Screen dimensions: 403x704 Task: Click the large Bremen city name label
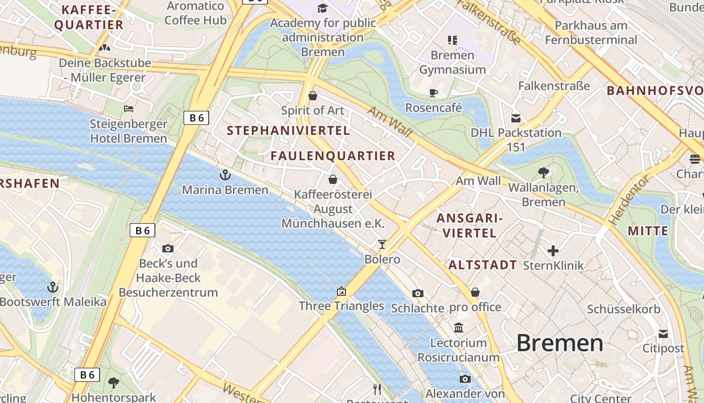(x=560, y=343)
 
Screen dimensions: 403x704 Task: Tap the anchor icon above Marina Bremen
(x=225, y=175)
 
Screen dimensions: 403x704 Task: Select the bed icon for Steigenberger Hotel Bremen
(x=129, y=108)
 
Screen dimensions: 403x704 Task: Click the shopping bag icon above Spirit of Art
(x=313, y=96)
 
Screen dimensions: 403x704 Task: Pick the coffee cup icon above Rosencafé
(x=433, y=93)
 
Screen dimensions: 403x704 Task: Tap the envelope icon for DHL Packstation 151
(x=516, y=118)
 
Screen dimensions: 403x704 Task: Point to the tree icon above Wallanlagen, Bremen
(x=543, y=173)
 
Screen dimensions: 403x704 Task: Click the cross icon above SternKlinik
(x=553, y=250)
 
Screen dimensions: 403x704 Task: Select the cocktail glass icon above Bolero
(x=382, y=244)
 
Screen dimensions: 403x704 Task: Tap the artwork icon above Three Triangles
(x=341, y=291)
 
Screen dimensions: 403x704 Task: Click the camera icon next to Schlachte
(x=417, y=293)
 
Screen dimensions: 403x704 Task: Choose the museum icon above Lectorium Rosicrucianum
(x=459, y=328)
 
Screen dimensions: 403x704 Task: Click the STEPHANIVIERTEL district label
(x=288, y=130)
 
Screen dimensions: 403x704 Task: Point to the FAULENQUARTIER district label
(x=333, y=156)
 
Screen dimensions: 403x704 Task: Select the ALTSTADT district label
(x=482, y=265)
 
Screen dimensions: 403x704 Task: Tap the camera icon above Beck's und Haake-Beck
(x=168, y=248)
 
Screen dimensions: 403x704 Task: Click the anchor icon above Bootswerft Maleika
(x=53, y=287)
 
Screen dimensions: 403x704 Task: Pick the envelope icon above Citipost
(x=663, y=333)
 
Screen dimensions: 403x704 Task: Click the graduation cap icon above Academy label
(x=322, y=8)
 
